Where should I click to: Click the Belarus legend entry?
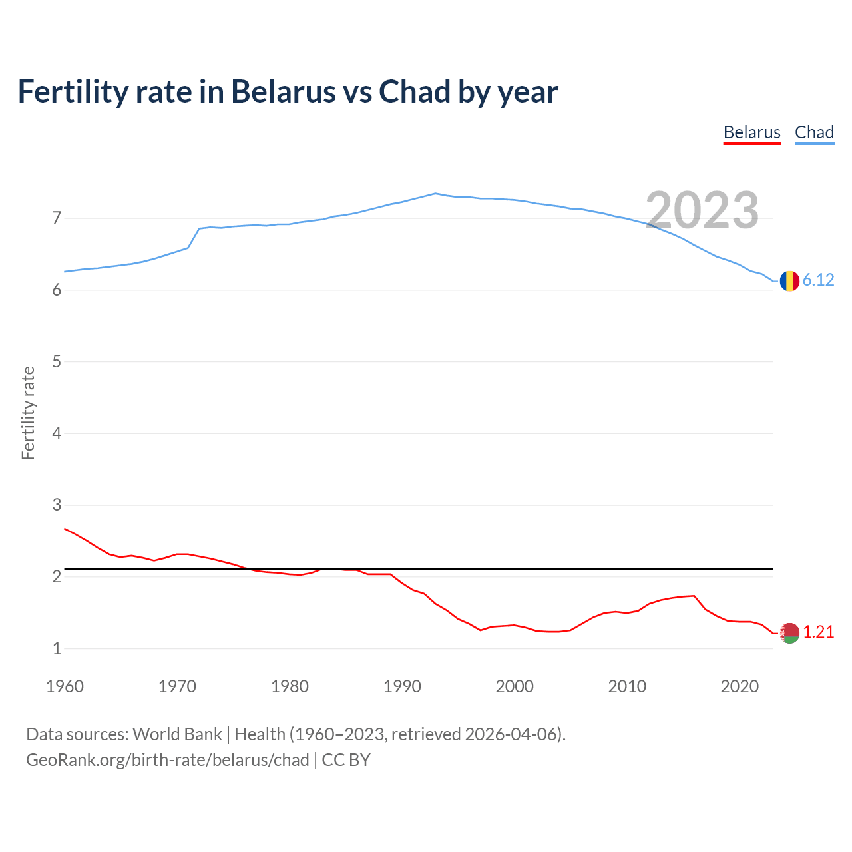point(751,132)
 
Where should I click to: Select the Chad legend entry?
point(814,132)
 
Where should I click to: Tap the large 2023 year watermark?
point(702,210)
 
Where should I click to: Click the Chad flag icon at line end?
point(789,281)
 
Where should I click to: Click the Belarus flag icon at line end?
point(789,633)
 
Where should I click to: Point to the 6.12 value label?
point(818,280)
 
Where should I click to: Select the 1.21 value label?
point(818,632)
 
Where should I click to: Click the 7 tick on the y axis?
point(57,218)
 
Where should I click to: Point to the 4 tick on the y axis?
point(57,433)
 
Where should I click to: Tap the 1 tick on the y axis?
point(57,648)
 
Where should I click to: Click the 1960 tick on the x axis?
point(65,686)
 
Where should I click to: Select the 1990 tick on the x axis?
point(402,686)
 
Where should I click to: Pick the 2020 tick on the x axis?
point(740,686)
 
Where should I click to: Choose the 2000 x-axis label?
point(515,686)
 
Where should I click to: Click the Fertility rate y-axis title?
point(28,413)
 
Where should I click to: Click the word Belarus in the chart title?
point(283,92)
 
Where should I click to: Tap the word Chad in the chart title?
point(415,92)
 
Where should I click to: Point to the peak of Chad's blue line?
point(435,194)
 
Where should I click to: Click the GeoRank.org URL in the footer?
point(167,760)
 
